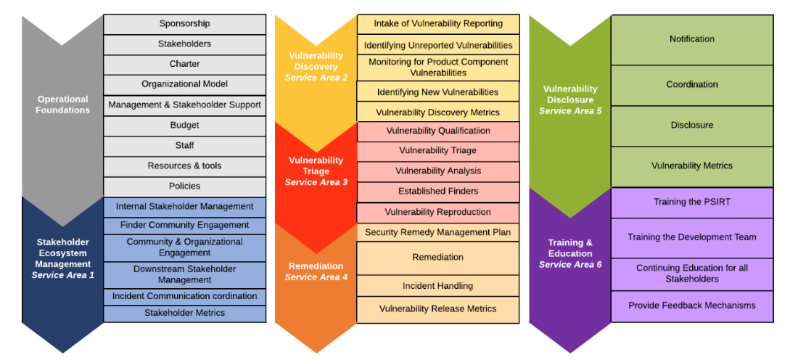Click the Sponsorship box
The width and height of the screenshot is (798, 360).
[x=184, y=24]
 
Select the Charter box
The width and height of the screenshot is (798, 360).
[x=184, y=64]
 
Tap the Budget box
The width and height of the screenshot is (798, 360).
[x=184, y=126]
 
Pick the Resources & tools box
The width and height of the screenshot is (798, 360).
[x=184, y=166]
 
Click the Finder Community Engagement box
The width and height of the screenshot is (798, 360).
[x=184, y=225]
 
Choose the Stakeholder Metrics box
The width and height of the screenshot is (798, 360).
[x=184, y=313]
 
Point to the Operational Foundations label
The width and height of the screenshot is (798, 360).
[x=63, y=105]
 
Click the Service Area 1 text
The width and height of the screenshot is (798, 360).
[x=63, y=275]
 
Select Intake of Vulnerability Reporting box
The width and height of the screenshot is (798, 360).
[x=438, y=24]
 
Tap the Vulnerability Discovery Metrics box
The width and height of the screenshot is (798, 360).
[x=438, y=112]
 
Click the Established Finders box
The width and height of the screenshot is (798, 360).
[x=438, y=192]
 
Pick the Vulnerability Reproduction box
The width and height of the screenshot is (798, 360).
[x=438, y=212]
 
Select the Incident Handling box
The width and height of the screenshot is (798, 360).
[x=438, y=286]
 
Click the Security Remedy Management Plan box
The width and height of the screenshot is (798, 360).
[x=438, y=233]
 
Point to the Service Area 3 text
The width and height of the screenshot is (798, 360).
[x=316, y=182]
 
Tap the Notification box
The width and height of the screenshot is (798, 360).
[x=691, y=39]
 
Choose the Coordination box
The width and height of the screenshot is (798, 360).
[x=691, y=85]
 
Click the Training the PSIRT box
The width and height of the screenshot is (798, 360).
[x=691, y=202]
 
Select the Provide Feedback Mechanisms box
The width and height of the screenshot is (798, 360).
[x=691, y=306]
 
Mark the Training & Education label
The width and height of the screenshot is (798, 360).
[x=570, y=248]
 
